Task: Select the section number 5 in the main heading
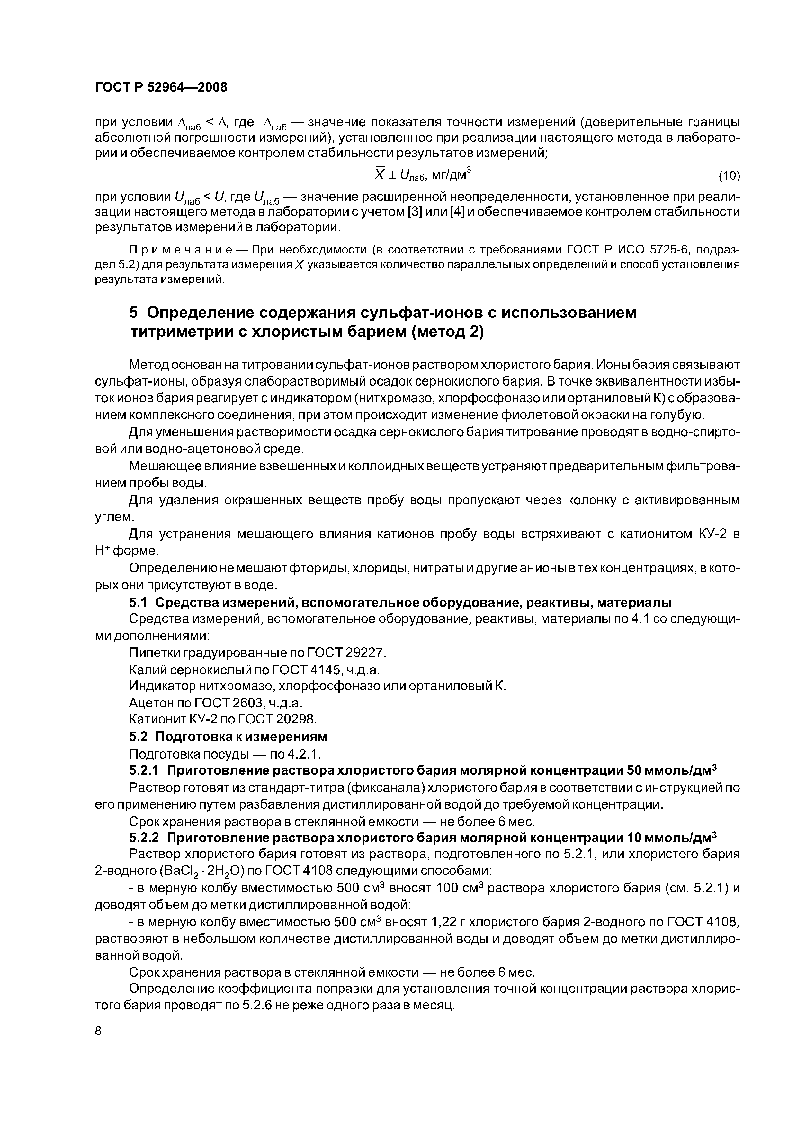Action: (x=134, y=312)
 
